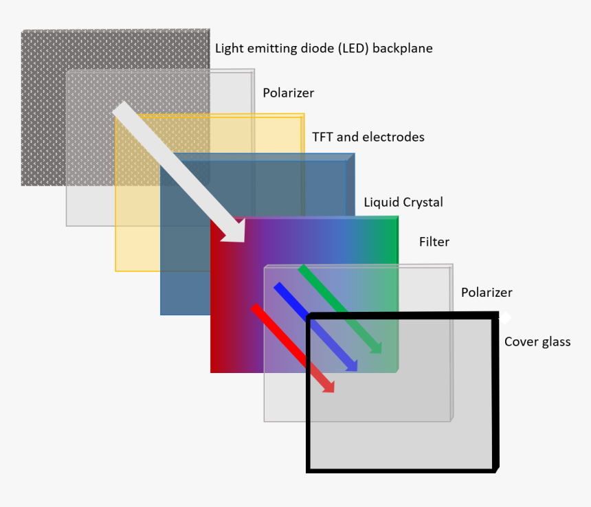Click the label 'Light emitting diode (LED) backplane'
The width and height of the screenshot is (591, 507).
324,49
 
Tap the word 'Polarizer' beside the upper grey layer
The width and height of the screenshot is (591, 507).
288,93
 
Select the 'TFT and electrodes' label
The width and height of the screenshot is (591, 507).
368,137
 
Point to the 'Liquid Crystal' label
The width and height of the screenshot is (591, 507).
403,203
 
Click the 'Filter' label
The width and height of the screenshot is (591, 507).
434,242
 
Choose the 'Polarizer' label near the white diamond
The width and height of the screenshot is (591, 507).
487,293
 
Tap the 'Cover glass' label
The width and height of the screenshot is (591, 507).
537,341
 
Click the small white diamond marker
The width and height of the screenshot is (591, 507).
505,317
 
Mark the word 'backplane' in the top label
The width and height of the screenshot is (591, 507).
403,49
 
